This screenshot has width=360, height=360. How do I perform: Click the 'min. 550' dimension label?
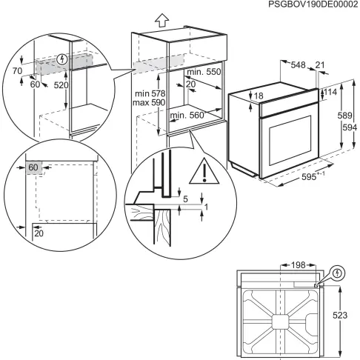pos(204,71)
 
